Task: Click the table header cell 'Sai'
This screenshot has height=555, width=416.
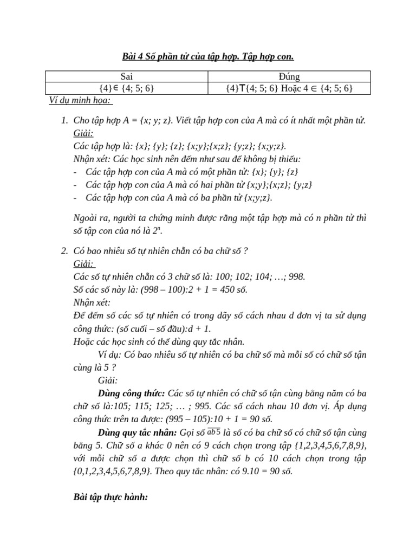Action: pyautogui.click(x=127, y=76)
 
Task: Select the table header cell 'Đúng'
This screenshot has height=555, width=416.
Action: pyautogui.click(x=289, y=76)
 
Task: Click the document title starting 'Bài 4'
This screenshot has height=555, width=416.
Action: pyautogui.click(x=207, y=56)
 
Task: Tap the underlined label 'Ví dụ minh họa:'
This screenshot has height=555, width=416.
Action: pyautogui.click(x=78, y=100)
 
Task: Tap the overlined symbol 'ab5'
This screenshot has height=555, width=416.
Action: pyautogui.click(x=214, y=431)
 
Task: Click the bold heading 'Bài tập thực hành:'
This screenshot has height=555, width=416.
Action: pyautogui.click(x=110, y=497)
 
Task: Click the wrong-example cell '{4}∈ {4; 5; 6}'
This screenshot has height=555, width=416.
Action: pyautogui.click(x=127, y=88)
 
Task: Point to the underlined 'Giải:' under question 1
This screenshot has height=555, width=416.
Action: pyautogui.click(x=83, y=133)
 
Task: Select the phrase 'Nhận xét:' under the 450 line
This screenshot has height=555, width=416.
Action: pyautogui.click(x=92, y=302)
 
